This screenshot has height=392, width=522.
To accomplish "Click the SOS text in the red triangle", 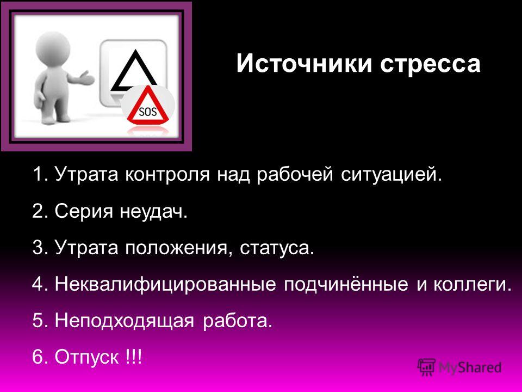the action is pyautogui.click(x=147, y=111).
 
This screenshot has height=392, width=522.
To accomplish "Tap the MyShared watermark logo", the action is pyautogui.click(x=460, y=367).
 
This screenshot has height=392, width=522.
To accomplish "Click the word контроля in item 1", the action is pyautogui.click(x=167, y=174).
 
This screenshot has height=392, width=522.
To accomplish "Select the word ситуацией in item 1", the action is pyautogui.click(x=388, y=174).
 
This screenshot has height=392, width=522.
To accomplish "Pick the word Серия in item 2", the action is pyautogui.click(x=84, y=211).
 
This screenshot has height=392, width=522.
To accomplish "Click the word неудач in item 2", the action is pyautogui.click(x=151, y=211).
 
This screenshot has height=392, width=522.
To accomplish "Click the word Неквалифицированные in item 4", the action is pyautogui.click(x=165, y=284).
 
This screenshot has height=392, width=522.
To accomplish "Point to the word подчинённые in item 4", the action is pyautogui.click(x=346, y=284).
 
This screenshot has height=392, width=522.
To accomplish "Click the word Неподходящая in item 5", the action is pyautogui.click(x=125, y=321).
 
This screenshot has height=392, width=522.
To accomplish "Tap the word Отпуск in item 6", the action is pyautogui.click(x=86, y=357).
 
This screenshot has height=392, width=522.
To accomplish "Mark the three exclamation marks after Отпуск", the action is pyautogui.click(x=134, y=357).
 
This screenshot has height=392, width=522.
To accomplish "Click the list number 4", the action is pyautogui.click(x=38, y=284).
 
